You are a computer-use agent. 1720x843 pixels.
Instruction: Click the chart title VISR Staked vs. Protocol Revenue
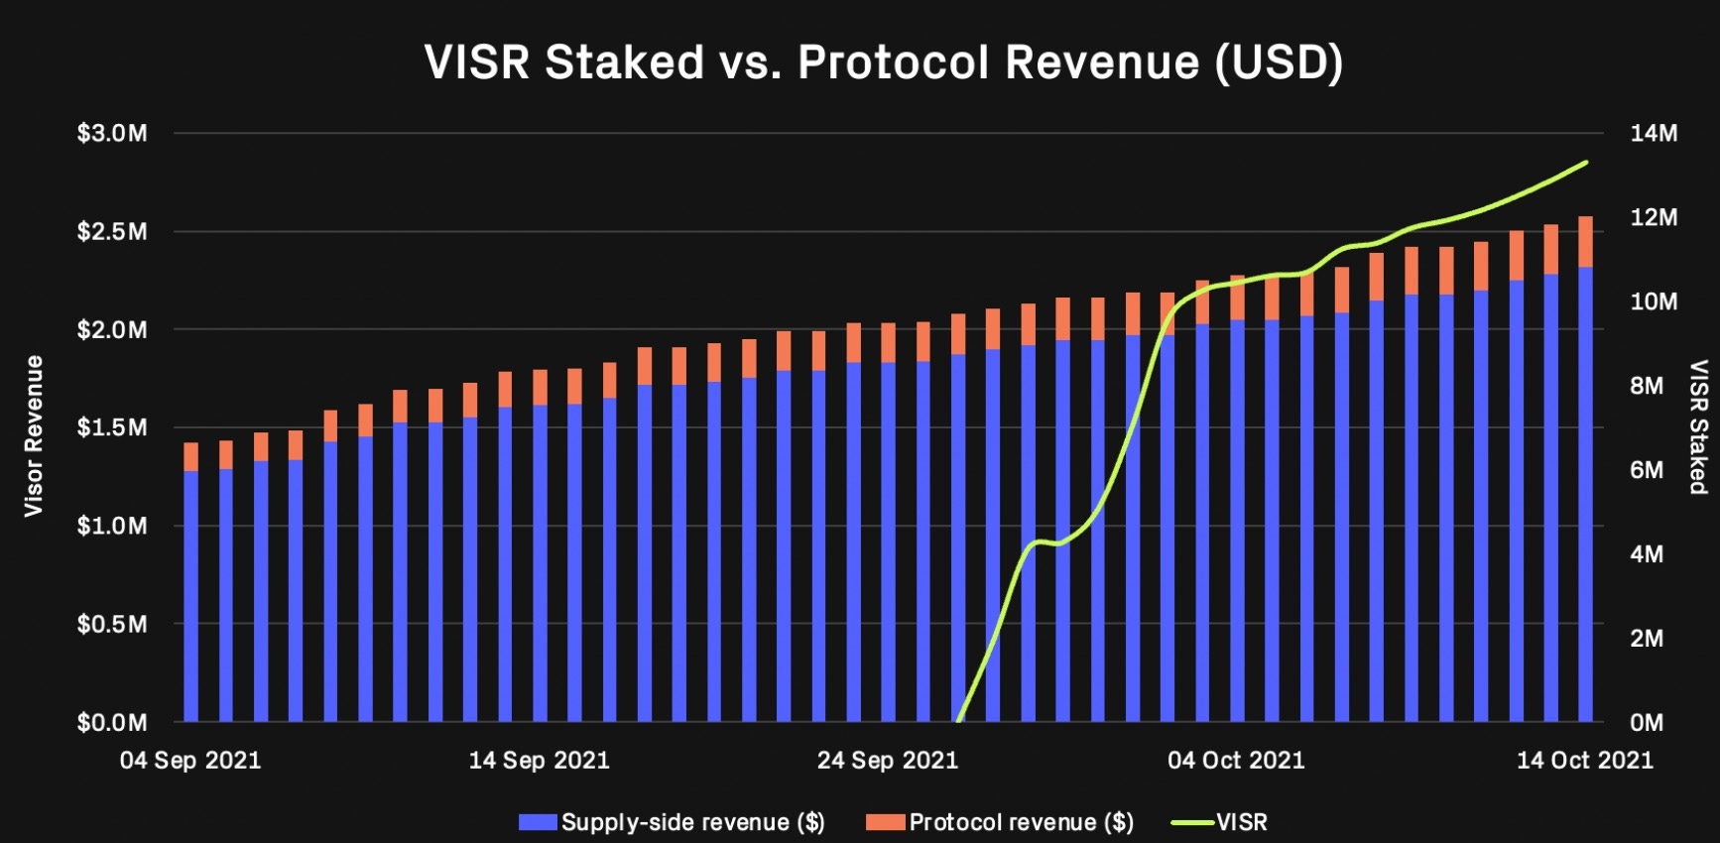coord(883,61)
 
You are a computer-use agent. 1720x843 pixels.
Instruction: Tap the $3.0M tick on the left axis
coord(112,133)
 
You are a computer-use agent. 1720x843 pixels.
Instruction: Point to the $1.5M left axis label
coord(112,427)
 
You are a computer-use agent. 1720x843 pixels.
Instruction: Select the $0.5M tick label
coord(112,624)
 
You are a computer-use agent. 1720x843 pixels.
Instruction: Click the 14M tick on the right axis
coord(1654,133)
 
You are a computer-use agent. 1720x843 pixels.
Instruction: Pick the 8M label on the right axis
coord(1647,386)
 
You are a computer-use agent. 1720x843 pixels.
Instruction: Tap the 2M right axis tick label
coord(1647,639)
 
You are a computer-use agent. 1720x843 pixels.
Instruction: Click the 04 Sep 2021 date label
coord(190,761)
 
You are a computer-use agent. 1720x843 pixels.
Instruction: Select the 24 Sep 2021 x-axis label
coord(888,761)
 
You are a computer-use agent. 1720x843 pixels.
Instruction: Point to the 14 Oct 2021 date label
coord(1585,761)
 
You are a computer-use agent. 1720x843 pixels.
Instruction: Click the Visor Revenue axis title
coord(34,435)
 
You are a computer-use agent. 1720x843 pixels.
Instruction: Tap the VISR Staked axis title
coord(1698,426)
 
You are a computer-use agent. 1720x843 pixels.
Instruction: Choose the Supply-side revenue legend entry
coord(673,822)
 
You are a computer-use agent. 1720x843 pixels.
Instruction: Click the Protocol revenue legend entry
coord(1000,822)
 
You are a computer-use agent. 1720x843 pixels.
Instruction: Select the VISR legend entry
coord(1220,822)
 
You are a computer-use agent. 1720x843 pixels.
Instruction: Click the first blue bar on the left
coord(190,595)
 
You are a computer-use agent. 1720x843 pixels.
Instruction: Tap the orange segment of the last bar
coord(1585,241)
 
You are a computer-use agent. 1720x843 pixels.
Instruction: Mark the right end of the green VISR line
coord(1586,162)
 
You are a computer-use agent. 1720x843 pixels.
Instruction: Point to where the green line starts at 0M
coord(958,720)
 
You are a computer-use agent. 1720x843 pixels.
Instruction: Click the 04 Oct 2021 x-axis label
coord(1236,761)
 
